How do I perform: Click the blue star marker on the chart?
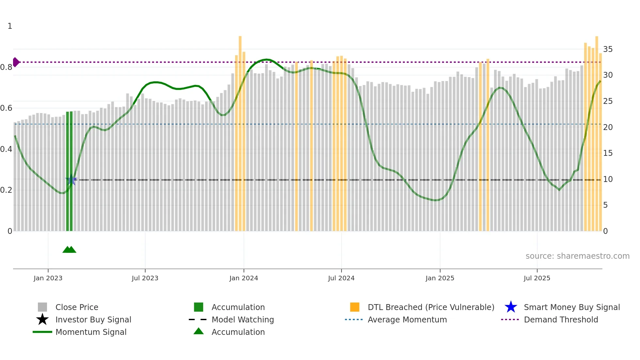coord(71,180)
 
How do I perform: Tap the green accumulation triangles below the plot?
coord(69,250)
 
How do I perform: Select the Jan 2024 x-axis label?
coord(244,278)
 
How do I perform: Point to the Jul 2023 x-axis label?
coord(145,278)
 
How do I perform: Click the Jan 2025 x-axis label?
coord(440,278)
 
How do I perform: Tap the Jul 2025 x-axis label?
coord(537,278)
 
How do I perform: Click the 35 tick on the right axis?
coord(608,49)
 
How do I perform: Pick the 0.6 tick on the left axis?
coord(6,108)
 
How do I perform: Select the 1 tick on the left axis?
coord(10,26)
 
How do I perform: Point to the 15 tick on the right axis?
coord(608,153)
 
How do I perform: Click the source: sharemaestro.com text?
coord(577,256)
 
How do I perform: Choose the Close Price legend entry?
coord(77,307)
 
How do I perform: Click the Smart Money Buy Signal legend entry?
coord(571,307)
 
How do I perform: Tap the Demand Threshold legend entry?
coord(561,319)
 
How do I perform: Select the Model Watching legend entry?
coord(243,319)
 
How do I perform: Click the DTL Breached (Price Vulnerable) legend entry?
coord(431,307)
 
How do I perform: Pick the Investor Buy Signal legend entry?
coord(93,319)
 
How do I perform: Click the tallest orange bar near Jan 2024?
coord(240,131)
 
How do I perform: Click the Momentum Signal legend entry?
coord(91,332)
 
